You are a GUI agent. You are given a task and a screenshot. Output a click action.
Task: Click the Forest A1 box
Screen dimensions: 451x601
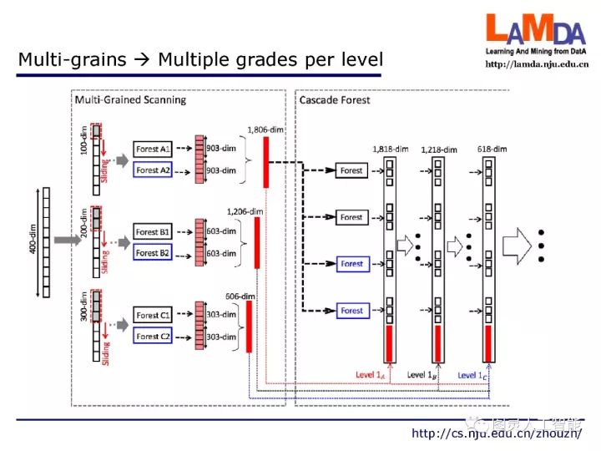(x=153, y=149)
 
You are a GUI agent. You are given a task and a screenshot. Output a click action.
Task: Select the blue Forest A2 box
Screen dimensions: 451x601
(x=153, y=170)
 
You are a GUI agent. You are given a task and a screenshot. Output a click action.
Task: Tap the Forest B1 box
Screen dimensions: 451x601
(x=153, y=232)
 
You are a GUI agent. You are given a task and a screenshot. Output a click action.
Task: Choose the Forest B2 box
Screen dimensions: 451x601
(x=153, y=252)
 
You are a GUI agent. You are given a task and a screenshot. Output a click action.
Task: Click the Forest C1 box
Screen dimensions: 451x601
(x=153, y=316)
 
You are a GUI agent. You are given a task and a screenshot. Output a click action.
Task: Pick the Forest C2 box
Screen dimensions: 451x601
(x=153, y=336)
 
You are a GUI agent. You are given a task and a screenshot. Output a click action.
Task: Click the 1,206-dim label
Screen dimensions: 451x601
(x=245, y=211)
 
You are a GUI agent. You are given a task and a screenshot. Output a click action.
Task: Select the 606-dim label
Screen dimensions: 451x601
(x=241, y=295)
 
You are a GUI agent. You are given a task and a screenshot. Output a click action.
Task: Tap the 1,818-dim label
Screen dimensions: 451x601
(x=390, y=149)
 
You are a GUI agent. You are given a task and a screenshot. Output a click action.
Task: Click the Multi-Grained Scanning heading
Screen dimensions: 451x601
(x=130, y=100)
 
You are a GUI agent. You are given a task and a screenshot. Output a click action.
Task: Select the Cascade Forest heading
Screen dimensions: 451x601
(x=335, y=100)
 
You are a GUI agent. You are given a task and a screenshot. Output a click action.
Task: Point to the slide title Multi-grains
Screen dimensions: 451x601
(x=200, y=59)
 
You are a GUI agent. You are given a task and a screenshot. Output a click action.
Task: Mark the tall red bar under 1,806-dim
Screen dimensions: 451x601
(x=266, y=156)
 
